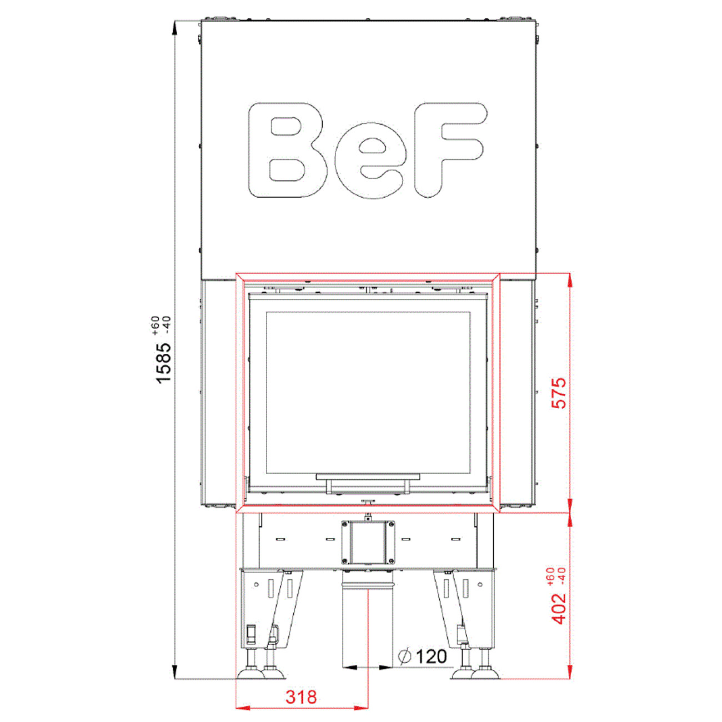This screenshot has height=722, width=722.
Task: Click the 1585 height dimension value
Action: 164,362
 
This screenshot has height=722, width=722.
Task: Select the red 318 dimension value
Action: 301,697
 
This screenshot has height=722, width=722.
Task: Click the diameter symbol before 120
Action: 405,656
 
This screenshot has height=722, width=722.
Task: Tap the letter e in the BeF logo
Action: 370,161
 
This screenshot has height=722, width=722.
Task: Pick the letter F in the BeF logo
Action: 451,149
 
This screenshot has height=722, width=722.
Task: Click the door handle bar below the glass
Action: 368,477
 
